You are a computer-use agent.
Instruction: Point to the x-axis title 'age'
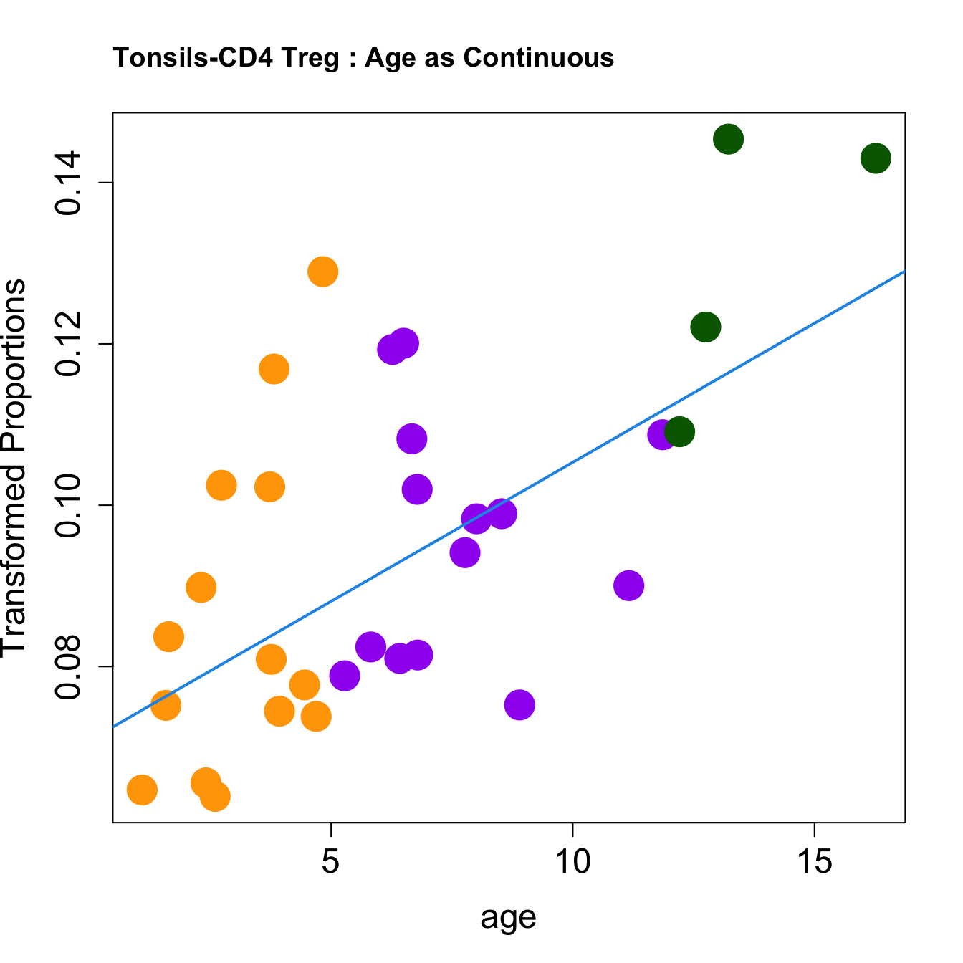point(508,917)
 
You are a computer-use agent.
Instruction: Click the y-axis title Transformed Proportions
point(14,466)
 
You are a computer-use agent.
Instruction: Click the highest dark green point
point(728,139)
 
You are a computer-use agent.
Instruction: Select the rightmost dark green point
point(876,158)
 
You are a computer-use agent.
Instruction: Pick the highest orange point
point(322,272)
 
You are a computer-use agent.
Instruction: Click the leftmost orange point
point(142,790)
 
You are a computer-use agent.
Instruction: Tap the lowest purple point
point(519,705)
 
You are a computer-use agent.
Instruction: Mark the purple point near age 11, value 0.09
point(628,586)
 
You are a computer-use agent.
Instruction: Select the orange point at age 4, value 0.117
point(274,369)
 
